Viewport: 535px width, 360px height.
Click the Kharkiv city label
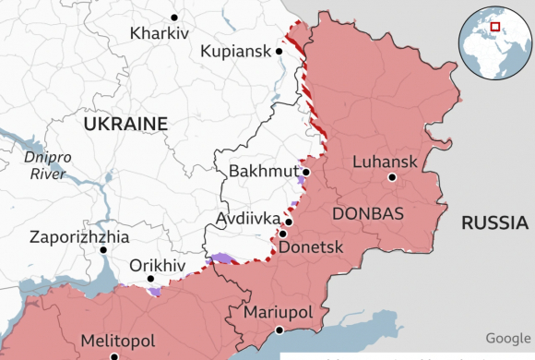[159, 33]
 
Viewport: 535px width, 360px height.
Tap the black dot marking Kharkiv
[174, 17]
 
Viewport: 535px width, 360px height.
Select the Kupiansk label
[236, 52]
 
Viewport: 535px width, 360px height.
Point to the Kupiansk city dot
[279, 52]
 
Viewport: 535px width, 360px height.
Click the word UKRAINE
[125, 124]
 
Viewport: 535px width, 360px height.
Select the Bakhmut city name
[262, 172]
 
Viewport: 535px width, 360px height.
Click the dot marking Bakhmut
[305, 172]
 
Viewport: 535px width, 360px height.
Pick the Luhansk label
[385, 162]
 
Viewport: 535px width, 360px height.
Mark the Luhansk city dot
[392, 177]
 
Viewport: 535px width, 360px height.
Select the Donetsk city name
[310, 247]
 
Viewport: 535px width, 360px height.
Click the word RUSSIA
[494, 222]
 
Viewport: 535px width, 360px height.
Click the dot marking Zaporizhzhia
[102, 249]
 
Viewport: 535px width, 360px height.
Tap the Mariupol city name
[278, 313]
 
